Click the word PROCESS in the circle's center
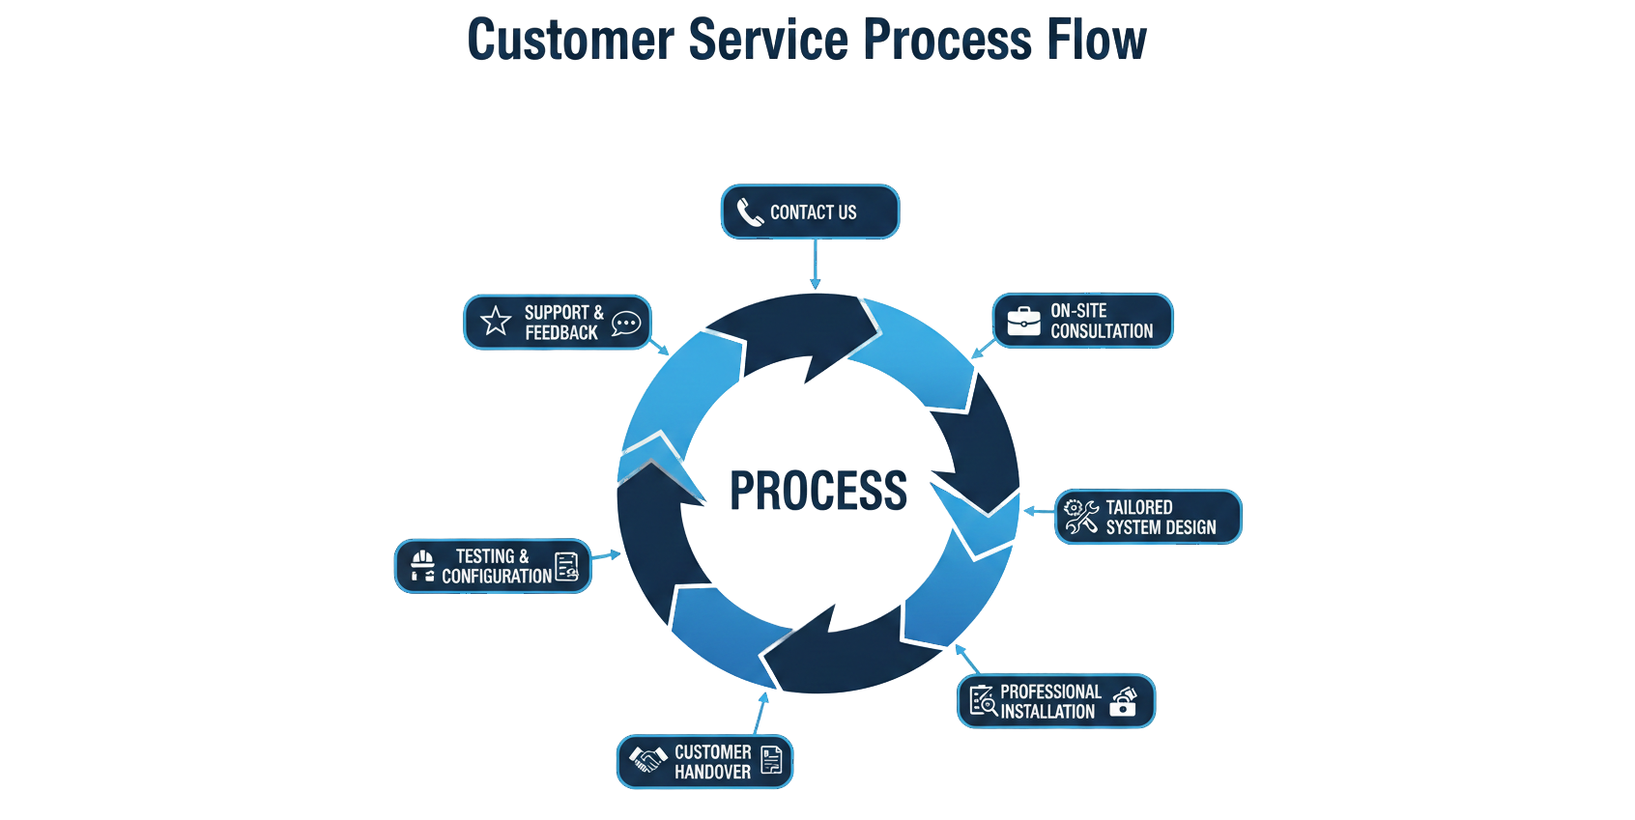point(818,491)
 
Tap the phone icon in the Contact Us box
point(750,212)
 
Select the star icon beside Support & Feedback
point(496,321)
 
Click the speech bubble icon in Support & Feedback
point(626,323)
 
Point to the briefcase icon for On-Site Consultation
point(1023,321)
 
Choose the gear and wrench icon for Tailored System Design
point(1080,517)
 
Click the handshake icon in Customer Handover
point(648,759)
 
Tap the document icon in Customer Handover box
point(771,759)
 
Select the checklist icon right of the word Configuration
point(567,566)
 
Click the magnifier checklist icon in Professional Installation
point(983,700)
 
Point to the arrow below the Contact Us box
point(816,264)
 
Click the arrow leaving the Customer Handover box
point(760,712)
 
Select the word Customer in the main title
point(570,41)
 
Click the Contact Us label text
point(813,212)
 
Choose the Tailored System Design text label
point(1160,518)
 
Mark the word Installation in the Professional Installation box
point(1047,712)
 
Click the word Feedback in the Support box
point(561,333)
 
